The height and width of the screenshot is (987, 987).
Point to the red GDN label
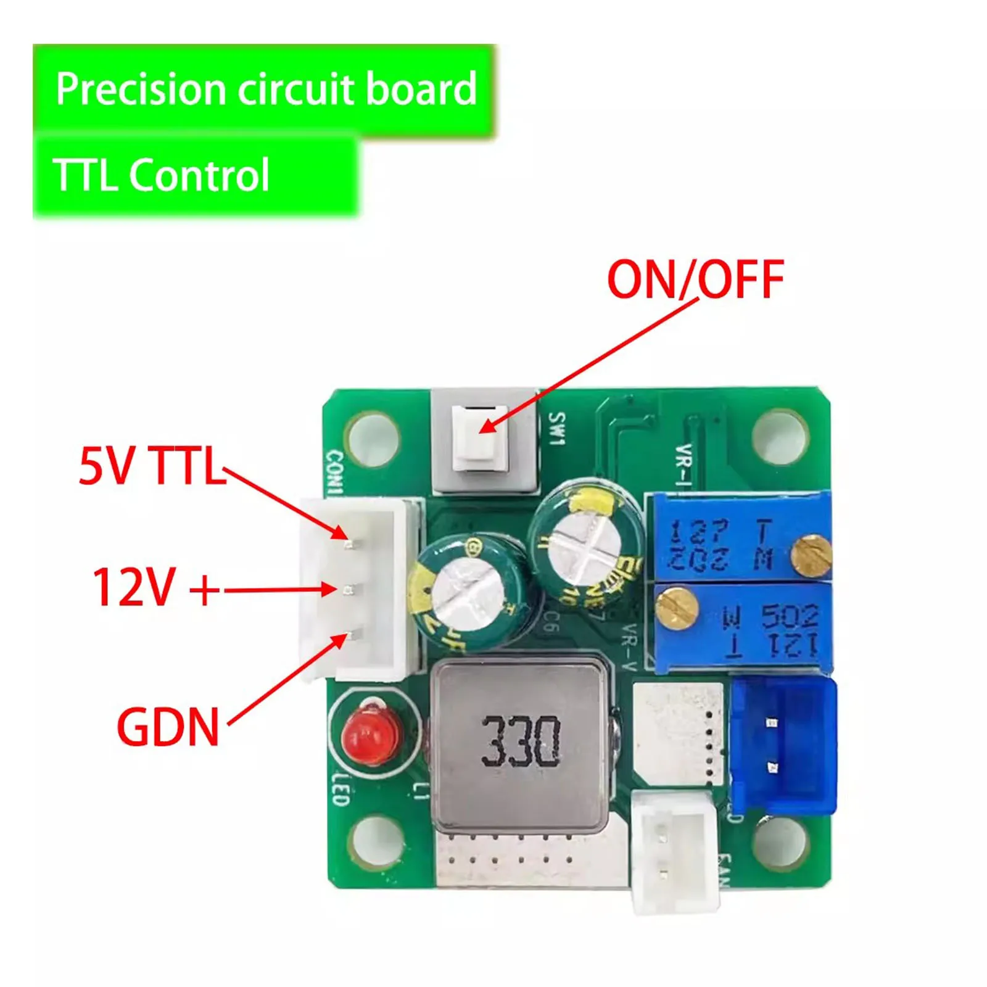point(168,727)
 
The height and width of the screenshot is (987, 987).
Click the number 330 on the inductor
point(520,741)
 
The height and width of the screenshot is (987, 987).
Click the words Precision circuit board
point(266,89)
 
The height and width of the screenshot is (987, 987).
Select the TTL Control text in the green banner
point(162,175)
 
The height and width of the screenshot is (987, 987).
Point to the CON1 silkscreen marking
point(334,472)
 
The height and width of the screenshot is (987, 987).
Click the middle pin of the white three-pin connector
point(349,591)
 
